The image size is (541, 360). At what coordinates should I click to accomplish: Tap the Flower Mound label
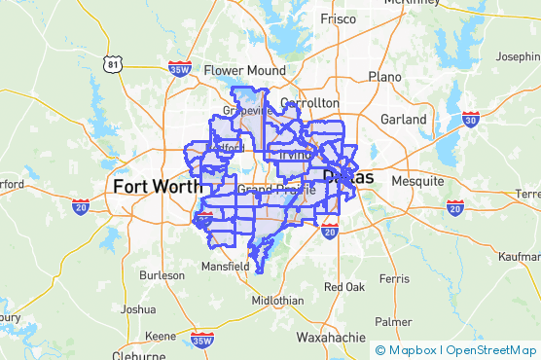tap(244, 70)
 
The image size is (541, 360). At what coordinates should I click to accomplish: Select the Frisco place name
tap(338, 18)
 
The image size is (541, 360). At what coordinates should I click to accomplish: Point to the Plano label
tap(384, 76)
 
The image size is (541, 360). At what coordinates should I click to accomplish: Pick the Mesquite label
tap(417, 181)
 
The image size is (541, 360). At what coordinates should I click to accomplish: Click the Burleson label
tap(162, 275)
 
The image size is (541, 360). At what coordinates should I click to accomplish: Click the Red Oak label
tap(344, 287)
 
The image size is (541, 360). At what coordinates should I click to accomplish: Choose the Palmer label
tap(393, 321)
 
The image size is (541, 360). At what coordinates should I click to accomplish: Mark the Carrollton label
tap(308, 102)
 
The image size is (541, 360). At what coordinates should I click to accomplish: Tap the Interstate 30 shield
tap(471, 120)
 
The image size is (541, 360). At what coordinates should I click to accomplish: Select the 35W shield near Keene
tap(201, 340)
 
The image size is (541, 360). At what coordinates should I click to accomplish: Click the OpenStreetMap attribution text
tap(493, 350)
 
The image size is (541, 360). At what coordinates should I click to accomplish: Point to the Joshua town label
tap(137, 309)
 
